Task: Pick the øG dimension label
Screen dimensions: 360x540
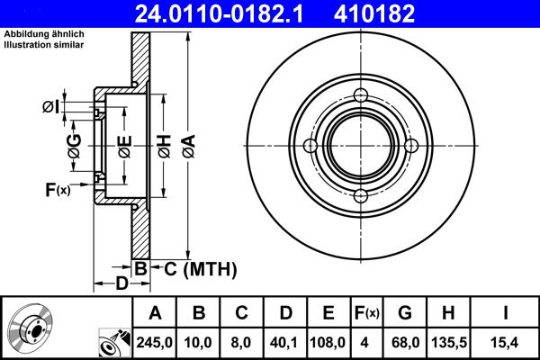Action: point(75,143)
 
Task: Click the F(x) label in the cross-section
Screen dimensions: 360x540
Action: point(57,189)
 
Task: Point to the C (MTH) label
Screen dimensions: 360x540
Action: point(200,268)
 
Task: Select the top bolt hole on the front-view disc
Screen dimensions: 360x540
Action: point(360,97)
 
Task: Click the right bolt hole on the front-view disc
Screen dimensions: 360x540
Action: point(411,147)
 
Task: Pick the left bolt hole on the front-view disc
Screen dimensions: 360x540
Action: point(310,147)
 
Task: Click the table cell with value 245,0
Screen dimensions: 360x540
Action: point(155,342)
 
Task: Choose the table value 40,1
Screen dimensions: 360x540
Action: point(285,342)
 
